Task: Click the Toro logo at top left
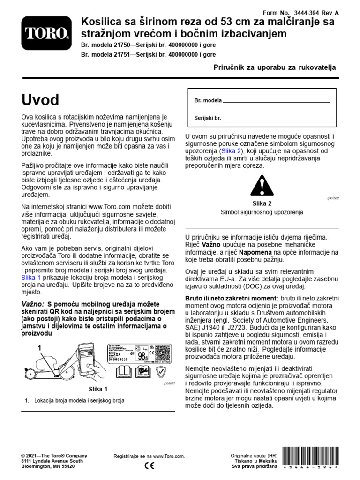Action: pos(46,34)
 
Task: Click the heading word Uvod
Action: pos(40,100)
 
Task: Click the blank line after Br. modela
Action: pos(277,101)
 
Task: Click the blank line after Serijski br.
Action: pos(277,118)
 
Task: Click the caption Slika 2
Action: pos(262,203)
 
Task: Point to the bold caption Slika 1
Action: pos(98,389)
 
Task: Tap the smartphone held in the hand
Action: pos(88,356)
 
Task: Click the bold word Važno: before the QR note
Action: pos(33,304)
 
